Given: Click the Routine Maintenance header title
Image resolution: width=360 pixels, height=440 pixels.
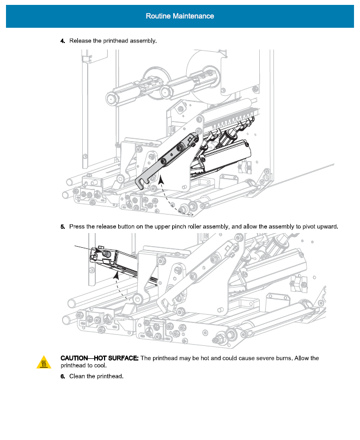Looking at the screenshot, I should pyautogui.click(x=180, y=16).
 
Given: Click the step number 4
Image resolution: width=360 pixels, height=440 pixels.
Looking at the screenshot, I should pyautogui.click(x=62, y=41).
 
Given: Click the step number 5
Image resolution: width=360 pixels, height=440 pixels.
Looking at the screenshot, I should pyautogui.click(x=62, y=227).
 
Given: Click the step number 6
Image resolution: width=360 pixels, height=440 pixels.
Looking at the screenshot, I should pyautogui.click(x=62, y=377).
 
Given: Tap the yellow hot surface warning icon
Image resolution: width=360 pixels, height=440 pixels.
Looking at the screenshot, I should pyautogui.click(x=44, y=362).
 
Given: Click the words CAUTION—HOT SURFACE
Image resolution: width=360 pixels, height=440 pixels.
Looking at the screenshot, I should pyautogui.click(x=100, y=358).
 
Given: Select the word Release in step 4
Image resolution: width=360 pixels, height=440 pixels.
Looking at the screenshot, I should pyautogui.click(x=80, y=41).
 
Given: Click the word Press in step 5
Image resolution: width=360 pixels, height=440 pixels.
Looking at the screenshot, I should pyautogui.click(x=77, y=227).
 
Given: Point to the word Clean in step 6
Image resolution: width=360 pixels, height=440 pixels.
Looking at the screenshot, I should pyautogui.click(x=78, y=377).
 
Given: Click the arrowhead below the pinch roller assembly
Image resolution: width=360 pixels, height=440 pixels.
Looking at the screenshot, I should pyautogui.click(x=117, y=276).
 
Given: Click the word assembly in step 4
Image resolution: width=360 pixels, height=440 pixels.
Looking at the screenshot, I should pyautogui.click(x=143, y=41).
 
